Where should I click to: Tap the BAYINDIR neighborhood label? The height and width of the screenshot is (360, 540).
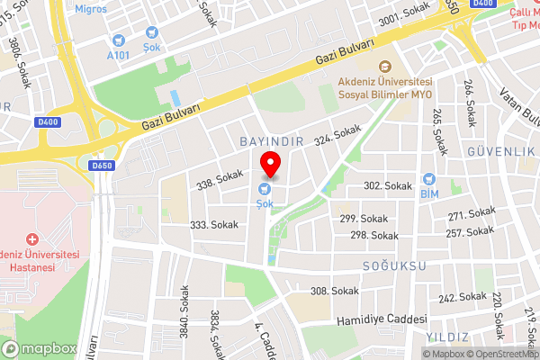pos(270,142)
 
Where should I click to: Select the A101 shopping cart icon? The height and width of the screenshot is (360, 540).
pos(118,40)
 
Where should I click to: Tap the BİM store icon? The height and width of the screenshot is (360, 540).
pos(428,178)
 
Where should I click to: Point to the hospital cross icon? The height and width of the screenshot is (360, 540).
pos(33,239)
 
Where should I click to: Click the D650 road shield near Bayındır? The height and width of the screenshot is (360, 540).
pos(103,166)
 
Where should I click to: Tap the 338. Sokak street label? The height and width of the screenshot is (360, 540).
pos(220,179)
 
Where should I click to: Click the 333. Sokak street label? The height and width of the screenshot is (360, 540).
pos(213,225)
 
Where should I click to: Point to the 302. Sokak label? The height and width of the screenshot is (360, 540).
pos(387,185)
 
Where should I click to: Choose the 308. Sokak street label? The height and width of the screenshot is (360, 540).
pos(334,291)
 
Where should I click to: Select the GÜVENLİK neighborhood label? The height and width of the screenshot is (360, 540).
pos(500,151)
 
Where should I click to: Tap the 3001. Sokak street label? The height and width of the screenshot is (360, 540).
pos(403,13)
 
